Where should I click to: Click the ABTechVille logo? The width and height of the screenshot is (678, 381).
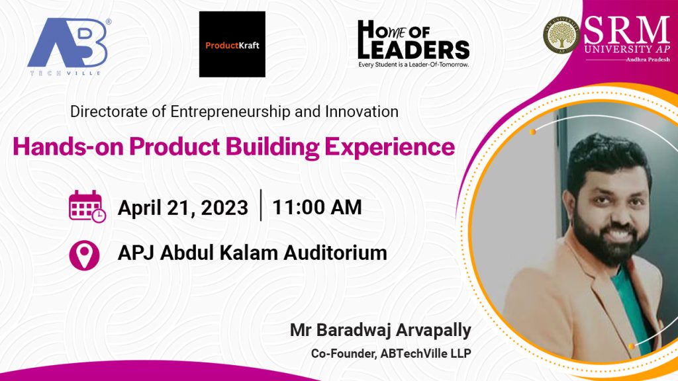click(x=69, y=47)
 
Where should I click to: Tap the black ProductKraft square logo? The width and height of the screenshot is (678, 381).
click(x=232, y=44)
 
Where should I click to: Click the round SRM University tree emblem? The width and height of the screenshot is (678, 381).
click(x=561, y=36)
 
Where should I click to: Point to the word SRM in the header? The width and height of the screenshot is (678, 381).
click(x=626, y=30)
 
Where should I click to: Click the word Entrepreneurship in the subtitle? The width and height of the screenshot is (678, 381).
click(x=230, y=112)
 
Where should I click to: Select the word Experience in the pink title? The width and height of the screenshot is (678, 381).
click(x=389, y=148)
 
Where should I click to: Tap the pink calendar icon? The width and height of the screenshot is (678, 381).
click(x=87, y=206)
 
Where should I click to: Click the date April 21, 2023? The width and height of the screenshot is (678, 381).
click(x=183, y=208)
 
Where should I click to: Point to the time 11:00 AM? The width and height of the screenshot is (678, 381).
click(x=317, y=207)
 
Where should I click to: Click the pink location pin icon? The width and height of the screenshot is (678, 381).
click(x=84, y=255)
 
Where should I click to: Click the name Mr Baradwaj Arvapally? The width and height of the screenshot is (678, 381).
click(x=381, y=331)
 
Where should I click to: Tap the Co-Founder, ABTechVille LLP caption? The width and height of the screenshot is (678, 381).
click(x=391, y=353)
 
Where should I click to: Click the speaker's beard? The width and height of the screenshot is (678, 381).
click(x=609, y=235)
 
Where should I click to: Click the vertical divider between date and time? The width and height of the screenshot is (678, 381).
click(x=261, y=205)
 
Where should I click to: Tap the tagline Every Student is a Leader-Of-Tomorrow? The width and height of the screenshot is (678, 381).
click(x=413, y=65)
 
